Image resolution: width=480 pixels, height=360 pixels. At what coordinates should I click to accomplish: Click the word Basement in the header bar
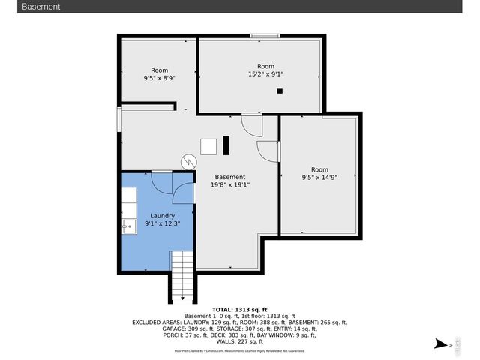[x=41, y=7]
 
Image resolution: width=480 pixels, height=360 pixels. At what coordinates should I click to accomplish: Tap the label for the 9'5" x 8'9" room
[x=159, y=73]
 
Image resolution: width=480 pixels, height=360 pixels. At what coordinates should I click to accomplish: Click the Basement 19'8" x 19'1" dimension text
[x=230, y=181]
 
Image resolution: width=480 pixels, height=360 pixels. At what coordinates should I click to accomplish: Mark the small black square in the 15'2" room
[x=280, y=91]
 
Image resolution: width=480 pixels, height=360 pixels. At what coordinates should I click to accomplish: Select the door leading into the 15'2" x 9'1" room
[x=251, y=125]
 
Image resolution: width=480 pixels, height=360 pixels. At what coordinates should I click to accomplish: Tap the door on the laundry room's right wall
[x=184, y=193]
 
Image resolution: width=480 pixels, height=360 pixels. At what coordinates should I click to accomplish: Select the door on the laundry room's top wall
[x=161, y=178]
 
